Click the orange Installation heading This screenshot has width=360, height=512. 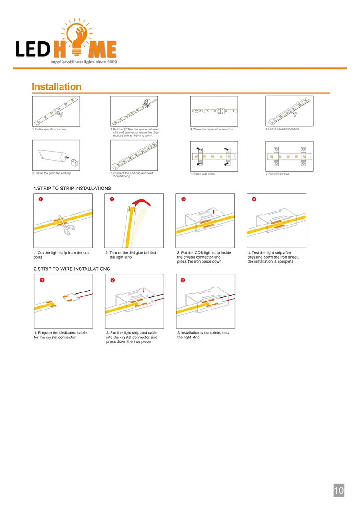pyautogui.click(x=57, y=87)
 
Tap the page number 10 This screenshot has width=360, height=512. pyautogui.click(x=339, y=490)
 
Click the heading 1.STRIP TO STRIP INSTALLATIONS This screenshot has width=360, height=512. pyautogui.click(x=72, y=188)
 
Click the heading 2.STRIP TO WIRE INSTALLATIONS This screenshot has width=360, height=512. pyautogui.click(x=72, y=269)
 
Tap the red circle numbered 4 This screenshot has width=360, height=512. pyautogui.click(x=254, y=199)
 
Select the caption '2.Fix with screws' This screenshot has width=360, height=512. pyautogui.click(x=278, y=174)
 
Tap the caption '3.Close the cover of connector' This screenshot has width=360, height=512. pyautogui.click(x=211, y=129)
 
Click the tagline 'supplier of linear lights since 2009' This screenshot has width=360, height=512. pyautogui.click(x=83, y=61)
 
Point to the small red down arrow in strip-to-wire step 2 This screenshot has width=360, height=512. pyautogui.click(x=144, y=291)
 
